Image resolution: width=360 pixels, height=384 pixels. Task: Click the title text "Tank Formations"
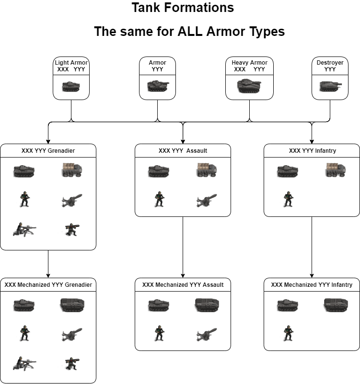(183, 8)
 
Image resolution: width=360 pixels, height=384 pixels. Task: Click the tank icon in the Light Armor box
(71, 87)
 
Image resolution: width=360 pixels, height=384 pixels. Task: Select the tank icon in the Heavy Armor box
(249, 86)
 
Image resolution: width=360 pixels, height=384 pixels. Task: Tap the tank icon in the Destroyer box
(330, 87)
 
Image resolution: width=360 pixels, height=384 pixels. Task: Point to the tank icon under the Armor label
(158, 86)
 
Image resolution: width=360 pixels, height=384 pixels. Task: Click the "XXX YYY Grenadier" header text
(48, 151)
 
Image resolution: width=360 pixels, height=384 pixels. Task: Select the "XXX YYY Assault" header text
(183, 151)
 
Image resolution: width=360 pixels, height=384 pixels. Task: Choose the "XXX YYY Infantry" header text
(312, 151)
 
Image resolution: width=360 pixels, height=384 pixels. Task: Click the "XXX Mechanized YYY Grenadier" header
(48, 285)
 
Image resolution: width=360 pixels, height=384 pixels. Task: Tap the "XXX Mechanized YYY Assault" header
(183, 285)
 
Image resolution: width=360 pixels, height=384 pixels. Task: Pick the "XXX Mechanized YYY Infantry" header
(312, 285)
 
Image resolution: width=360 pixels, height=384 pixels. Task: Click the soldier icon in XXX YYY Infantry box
(288, 200)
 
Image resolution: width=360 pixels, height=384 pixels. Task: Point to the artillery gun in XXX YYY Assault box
(207, 201)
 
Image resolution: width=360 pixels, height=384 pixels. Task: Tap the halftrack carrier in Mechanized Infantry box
(336, 305)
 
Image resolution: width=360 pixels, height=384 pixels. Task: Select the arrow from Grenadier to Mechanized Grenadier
(48, 263)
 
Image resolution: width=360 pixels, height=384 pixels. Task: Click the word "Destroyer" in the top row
(330, 63)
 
